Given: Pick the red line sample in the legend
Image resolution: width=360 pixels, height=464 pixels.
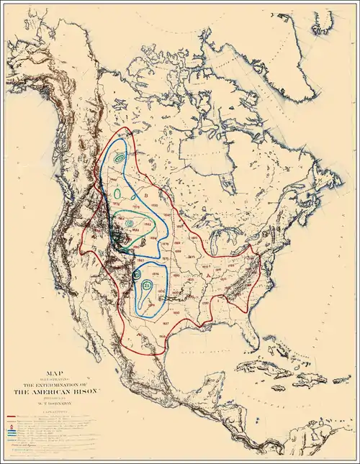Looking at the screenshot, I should point(12,417).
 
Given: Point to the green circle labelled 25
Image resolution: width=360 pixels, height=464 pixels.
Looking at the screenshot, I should point(147,286).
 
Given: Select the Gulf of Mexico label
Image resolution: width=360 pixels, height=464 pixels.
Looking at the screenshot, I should point(209,345).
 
